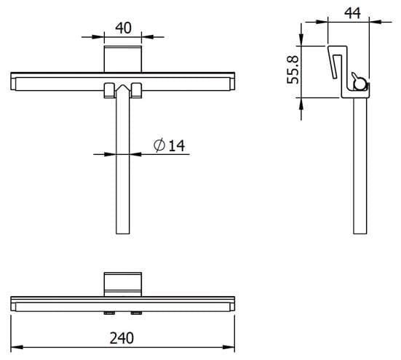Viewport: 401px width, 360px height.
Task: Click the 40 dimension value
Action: click(123, 28)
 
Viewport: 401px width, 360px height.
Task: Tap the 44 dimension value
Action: click(352, 13)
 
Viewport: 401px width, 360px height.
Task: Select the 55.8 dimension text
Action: click(293, 70)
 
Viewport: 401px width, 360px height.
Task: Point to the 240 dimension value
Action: click(122, 338)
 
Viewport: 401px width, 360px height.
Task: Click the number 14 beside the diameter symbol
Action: click(177, 146)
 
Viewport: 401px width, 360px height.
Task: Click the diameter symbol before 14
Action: click(159, 145)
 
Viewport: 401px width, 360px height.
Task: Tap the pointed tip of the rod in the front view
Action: click(123, 85)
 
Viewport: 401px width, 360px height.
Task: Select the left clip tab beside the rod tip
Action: click(109, 90)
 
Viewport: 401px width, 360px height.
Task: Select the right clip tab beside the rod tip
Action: click(136, 90)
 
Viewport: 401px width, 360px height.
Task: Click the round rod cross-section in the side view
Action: click(360, 85)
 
